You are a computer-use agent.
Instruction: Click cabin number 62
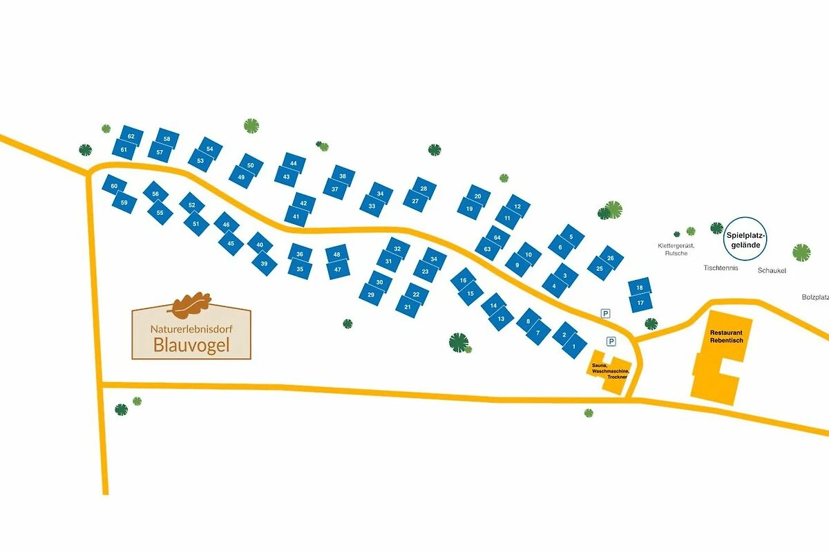pyautogui.click(x=131, y=136)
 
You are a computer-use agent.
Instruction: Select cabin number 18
pyautogui.click(x=640, y=288)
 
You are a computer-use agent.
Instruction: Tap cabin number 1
pyautogui.click(x=574, y=346)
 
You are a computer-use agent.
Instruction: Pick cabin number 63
pyautogui.click(x=488, y=249)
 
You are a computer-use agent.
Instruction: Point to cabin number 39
pyautogui.click(x=264, y=263)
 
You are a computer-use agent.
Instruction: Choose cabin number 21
pyautogui.click(x=408, y=307)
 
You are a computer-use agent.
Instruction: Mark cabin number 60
pyautogui.click(x=115, y=185)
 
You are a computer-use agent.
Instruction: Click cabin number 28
pyautogui.click(x=423, y=189)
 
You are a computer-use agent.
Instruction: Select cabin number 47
pyautogui.click(x=338, y=269)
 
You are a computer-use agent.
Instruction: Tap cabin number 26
pyautogui.click(x=610, y=258)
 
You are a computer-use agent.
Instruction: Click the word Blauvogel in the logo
pyautogui.click(x=192, y=345)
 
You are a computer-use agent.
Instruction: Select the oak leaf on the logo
pyautogui.click(x=191, y=303)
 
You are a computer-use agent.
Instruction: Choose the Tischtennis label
pyautogui.click(x=721, y=268)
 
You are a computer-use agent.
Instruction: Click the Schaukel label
pyautogui.click(x=772, y=270)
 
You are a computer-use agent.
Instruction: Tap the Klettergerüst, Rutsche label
pyautogui.click(x=676, y=249)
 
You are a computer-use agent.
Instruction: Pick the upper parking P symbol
pyautogui.click(x=606, y=313)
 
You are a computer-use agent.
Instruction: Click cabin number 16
pyautogui.click(x=464, y=281)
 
